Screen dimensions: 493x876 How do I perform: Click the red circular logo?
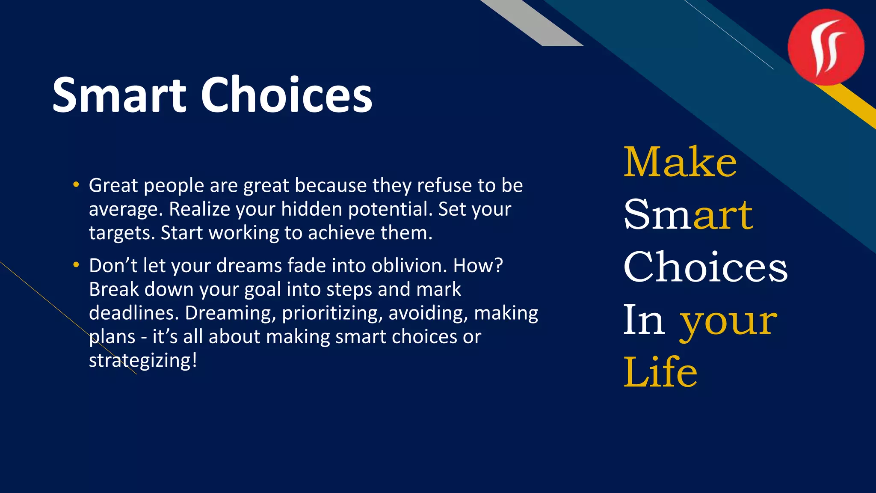pos(826,47)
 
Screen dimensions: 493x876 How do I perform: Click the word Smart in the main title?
pos(119,95)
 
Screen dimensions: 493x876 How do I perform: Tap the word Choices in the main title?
pos(286,95)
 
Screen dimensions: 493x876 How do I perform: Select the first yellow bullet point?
pos(76,185)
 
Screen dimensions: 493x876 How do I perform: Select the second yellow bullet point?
pos(76,265)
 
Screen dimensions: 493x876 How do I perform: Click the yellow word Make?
pos(680,162)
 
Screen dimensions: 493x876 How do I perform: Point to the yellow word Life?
pos(660,372)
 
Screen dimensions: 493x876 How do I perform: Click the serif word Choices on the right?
pos(705,267)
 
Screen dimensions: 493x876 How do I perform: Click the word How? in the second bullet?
pos(478,266)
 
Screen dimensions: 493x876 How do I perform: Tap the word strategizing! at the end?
pos(143,361)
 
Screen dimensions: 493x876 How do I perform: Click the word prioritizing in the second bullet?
pos(332,314)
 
